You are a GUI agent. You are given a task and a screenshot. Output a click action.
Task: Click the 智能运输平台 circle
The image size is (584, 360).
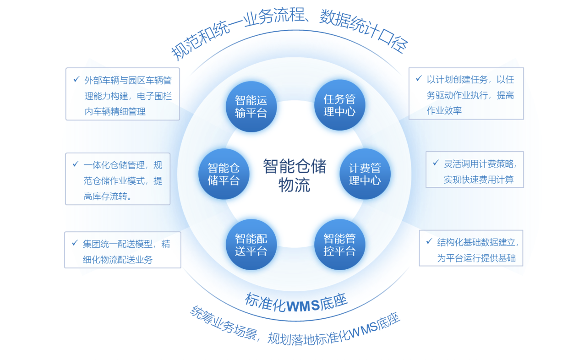click(251, 107)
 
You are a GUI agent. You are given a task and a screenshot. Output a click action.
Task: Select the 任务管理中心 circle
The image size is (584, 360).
click(339, 105)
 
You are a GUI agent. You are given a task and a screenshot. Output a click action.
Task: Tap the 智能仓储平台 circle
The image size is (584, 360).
click(224, 174)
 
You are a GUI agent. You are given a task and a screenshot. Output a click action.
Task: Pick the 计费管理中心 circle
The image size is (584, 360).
click(365, 174)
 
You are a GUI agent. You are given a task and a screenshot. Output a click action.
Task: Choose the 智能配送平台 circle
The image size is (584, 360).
click(251, 245)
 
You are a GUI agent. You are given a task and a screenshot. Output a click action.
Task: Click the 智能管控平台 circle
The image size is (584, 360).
click(339, 245)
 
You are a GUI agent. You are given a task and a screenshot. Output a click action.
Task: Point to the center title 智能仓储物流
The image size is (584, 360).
click(294, 175)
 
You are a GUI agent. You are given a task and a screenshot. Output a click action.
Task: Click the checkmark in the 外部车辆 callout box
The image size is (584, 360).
click(76, 80)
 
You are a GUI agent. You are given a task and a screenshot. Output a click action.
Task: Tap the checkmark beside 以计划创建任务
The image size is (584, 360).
click(419, 79)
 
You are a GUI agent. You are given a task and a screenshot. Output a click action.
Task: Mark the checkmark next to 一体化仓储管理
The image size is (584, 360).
click(76, 164)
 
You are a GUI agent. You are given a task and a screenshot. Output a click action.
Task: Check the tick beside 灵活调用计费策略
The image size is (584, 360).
click(436, 163)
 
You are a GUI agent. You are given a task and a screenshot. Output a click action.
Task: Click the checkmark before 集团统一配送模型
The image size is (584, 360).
click(75, 243)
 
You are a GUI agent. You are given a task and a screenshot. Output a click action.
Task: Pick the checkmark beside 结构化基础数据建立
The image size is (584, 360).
click(429, 241)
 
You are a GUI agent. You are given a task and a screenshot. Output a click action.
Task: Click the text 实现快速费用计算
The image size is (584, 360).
click(478, 180)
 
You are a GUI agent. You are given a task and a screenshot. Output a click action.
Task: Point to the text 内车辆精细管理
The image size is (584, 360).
click(115, 111)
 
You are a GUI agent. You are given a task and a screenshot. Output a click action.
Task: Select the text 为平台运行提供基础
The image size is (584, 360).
click(476, 258)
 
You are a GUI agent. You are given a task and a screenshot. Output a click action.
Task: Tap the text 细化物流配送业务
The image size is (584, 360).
click(118, 260)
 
